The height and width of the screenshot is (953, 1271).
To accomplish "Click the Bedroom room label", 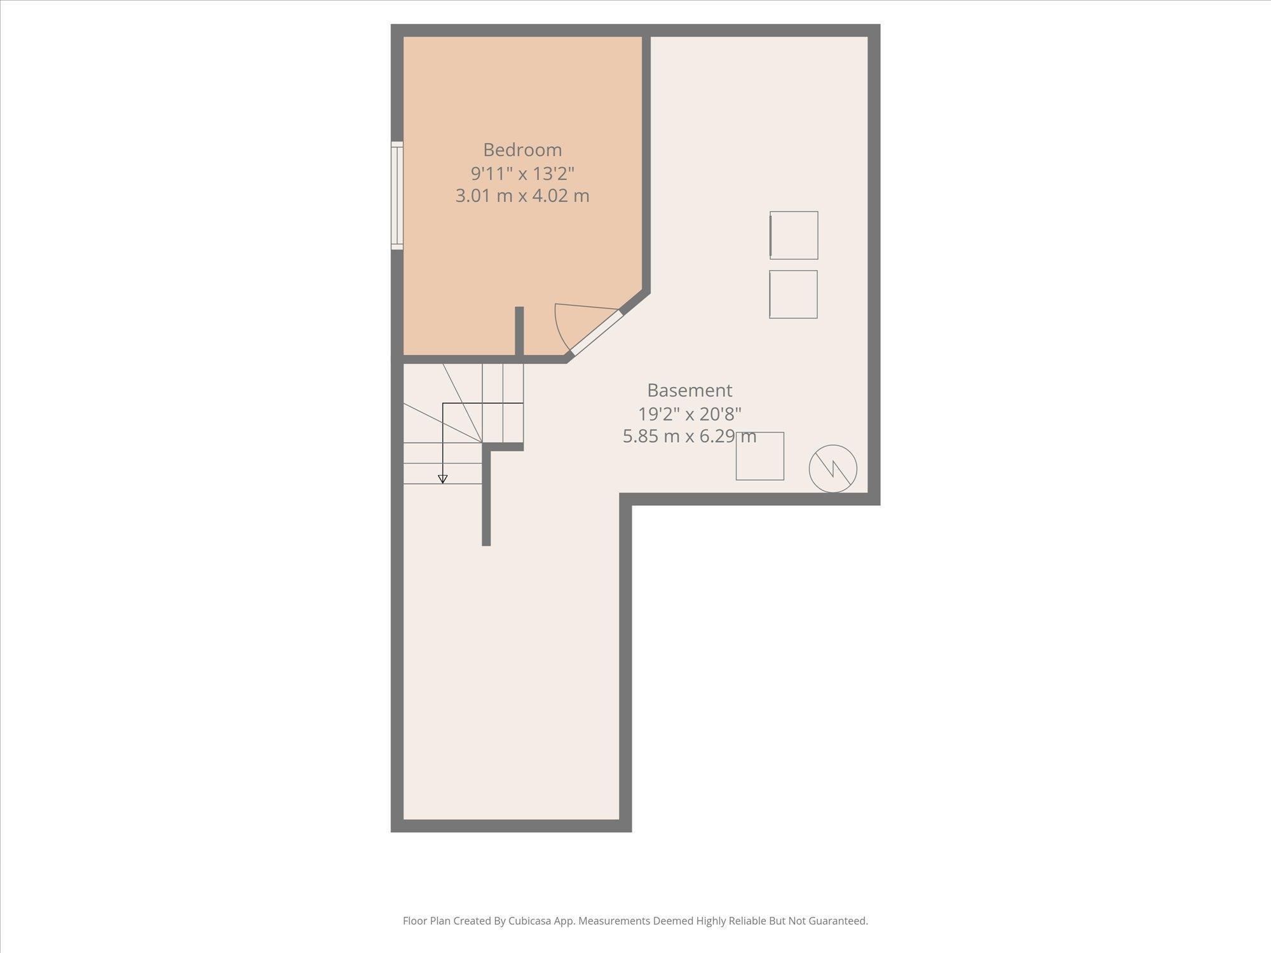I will pos(522,150).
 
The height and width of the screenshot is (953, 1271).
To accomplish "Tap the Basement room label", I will pos(690,390).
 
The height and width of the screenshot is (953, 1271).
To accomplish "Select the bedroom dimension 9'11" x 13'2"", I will pos(522,173).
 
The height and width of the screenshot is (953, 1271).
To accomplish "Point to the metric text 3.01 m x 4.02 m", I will pos(522,196).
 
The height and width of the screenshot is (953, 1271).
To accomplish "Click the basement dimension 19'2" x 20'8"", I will pos(690,414).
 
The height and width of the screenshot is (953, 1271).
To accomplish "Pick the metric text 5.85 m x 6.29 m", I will pos(690,436).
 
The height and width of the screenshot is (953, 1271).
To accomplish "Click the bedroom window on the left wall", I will pos(397,195).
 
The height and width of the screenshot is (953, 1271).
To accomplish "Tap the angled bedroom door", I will pos(595,332).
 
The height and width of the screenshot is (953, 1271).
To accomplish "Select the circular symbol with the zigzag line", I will pos(833,468).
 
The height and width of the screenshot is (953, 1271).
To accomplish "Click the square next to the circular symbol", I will pos(759,456).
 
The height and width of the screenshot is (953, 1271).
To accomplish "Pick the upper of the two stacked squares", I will pos(794,235).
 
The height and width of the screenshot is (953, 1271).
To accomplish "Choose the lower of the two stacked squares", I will pos(793,294).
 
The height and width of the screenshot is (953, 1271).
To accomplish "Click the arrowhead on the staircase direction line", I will pos(443,479).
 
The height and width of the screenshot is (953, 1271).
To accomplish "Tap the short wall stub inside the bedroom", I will pos(519,330).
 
